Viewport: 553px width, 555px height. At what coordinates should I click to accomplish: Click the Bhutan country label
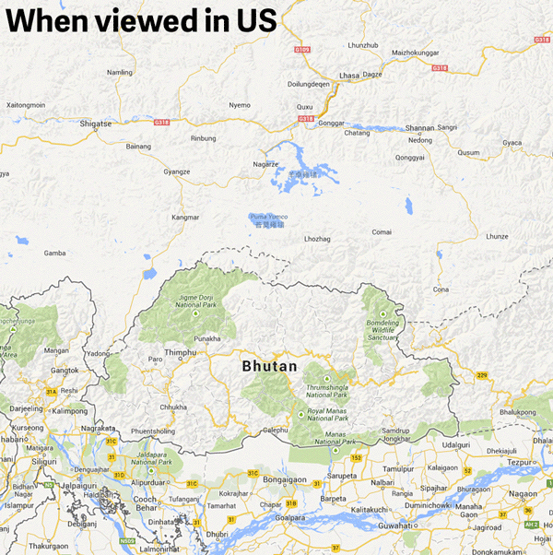(269, 366)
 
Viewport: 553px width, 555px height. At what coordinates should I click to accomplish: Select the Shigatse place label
(95, 123)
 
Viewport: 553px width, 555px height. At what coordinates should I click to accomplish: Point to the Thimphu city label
(181, 352)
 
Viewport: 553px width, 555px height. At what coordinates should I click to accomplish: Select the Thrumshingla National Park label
(327, 391)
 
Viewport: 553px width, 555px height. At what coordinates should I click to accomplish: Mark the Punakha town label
(207, 338)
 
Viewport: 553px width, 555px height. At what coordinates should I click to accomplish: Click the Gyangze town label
(176, 171)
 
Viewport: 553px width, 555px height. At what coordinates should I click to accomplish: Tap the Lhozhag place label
(317, 239)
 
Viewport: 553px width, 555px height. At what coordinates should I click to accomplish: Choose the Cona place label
(441, 289)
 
